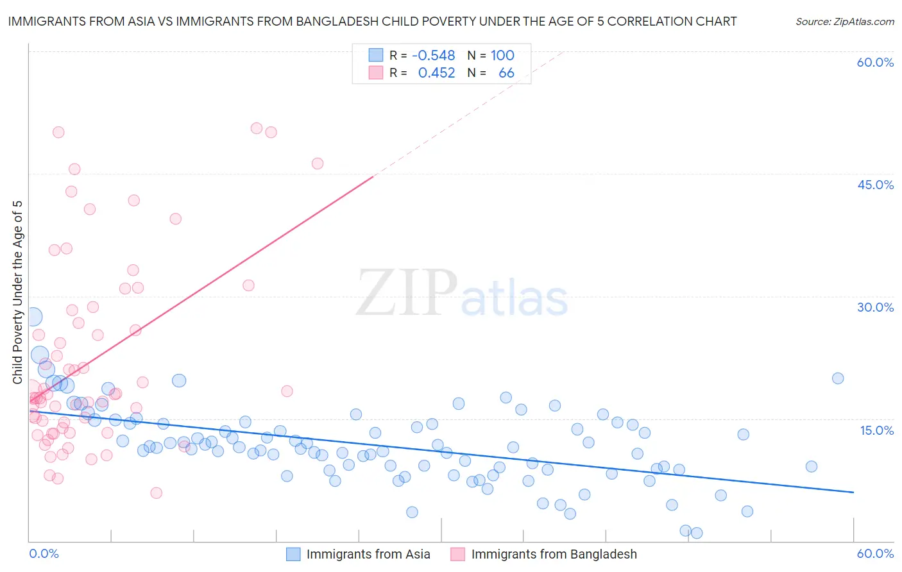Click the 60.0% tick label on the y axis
pos(875,62)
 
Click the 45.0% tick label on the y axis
pos(875,185)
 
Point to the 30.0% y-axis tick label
pos(875,307)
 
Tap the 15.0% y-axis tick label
pos(876,430)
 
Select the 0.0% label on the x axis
pos(44,553)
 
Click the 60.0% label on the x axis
pos(875,553)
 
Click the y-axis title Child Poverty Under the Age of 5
pos(17,292)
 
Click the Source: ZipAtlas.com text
pos(844,21)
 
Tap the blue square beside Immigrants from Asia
pos(293,554)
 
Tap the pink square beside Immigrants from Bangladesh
pos(457,554)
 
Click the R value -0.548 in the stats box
pos(433,55)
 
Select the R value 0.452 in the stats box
pos(436,73)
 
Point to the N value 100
pos(502,55)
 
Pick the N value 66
pos(506,73)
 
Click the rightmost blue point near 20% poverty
pos(838,378)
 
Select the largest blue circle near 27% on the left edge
pos(33,317)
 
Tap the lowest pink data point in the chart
pos(156,493)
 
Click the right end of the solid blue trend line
pos(853,492)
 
